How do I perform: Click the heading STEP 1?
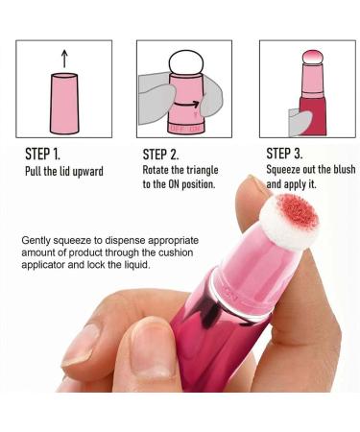tap(45, 155)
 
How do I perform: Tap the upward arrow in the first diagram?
tap(63, 60)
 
